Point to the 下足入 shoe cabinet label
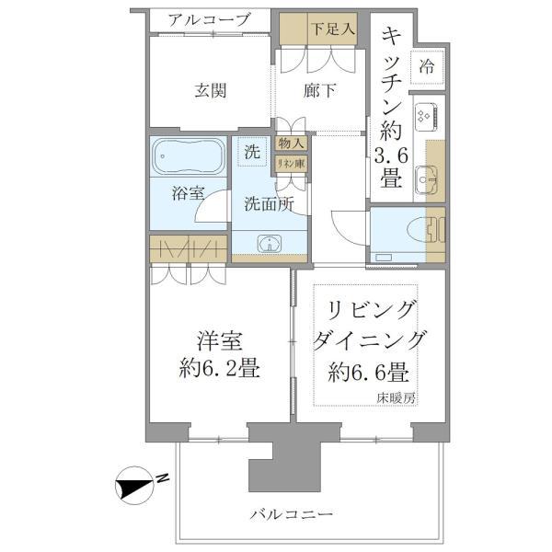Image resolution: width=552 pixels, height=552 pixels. pyautogui.click(x=332, y=29)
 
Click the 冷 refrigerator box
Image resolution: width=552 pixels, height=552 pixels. pyautogui.click(x=427, y=66)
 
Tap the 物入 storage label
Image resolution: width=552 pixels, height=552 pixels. pyautogui.click(x=292, y=144)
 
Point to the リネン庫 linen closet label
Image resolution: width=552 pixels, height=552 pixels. pyautogui.click(x=292, y=163)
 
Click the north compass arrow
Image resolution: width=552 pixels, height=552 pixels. pyautogui.click(x=139, y=479)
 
